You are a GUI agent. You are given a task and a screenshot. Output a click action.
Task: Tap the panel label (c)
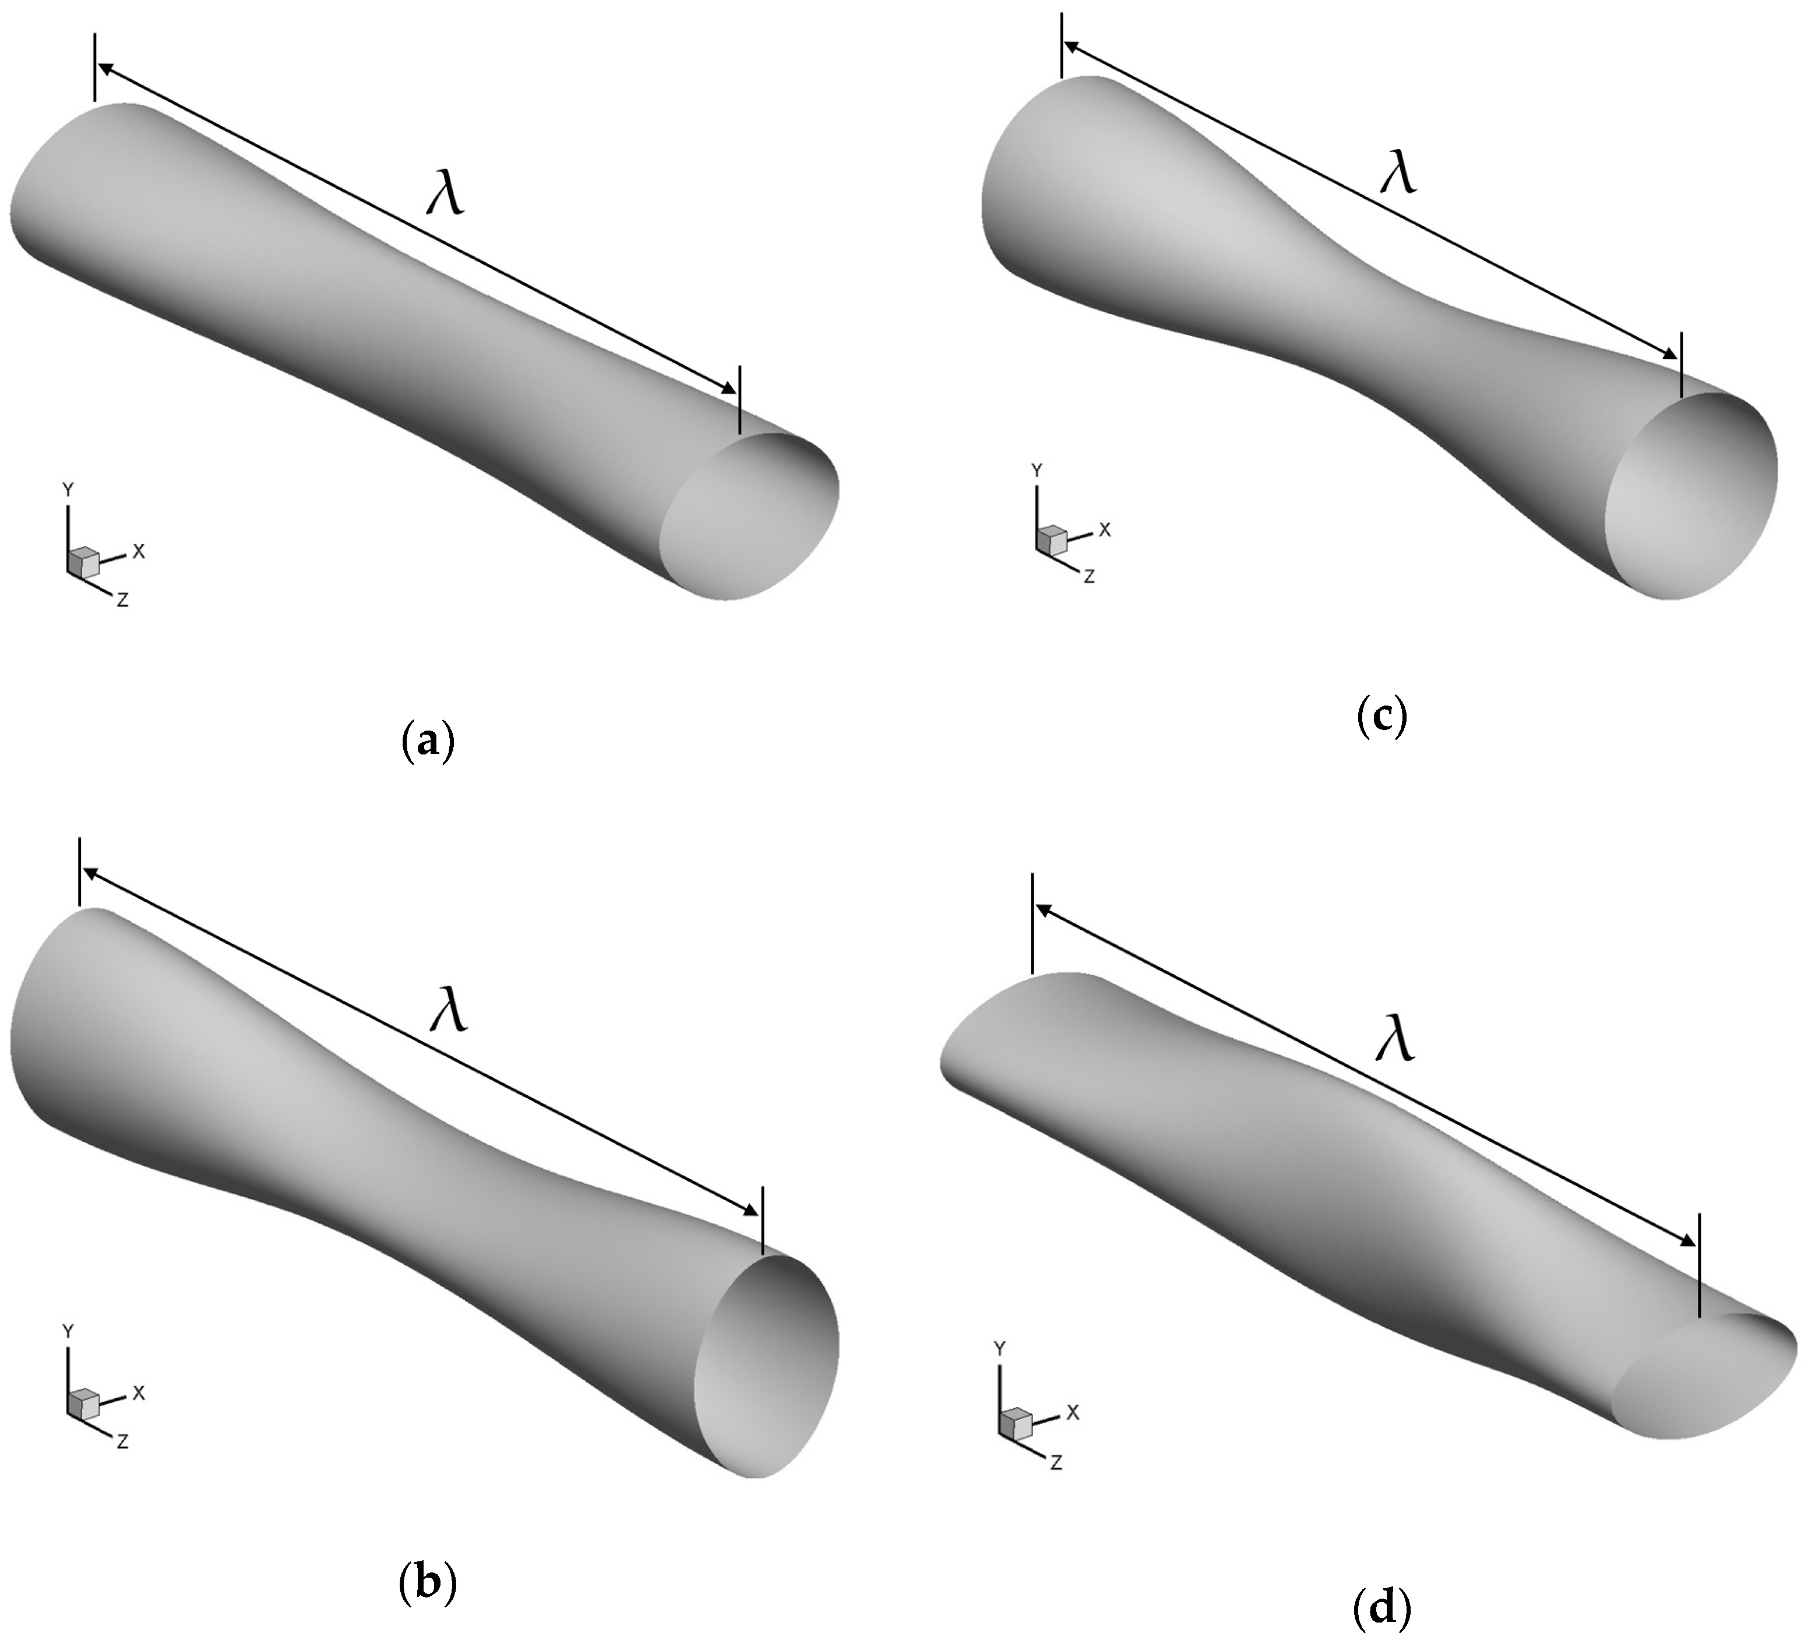click(1381, 718)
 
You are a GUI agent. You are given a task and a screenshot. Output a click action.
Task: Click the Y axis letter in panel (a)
click(67, 489)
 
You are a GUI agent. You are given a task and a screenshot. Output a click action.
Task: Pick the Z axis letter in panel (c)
click(1090, 577)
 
